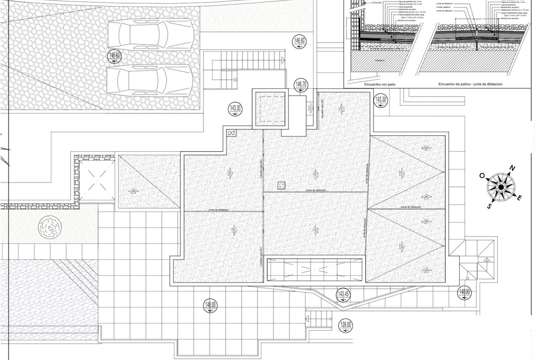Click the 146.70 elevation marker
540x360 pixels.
tap(301, 85)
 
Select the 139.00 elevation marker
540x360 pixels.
tap(346, 325)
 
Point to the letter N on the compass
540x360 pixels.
tap(512, 169)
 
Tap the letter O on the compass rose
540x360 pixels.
tap(482, 176)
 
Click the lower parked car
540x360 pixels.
tap(150, 80)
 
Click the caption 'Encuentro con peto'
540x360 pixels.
tap(380, 84)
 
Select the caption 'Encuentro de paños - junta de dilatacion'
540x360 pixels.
tap(470, 84)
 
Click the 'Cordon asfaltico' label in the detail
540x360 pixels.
tap(444, 7)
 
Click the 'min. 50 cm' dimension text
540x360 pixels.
tap(476, 19)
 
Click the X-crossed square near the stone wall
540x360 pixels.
tap(97, 180)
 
